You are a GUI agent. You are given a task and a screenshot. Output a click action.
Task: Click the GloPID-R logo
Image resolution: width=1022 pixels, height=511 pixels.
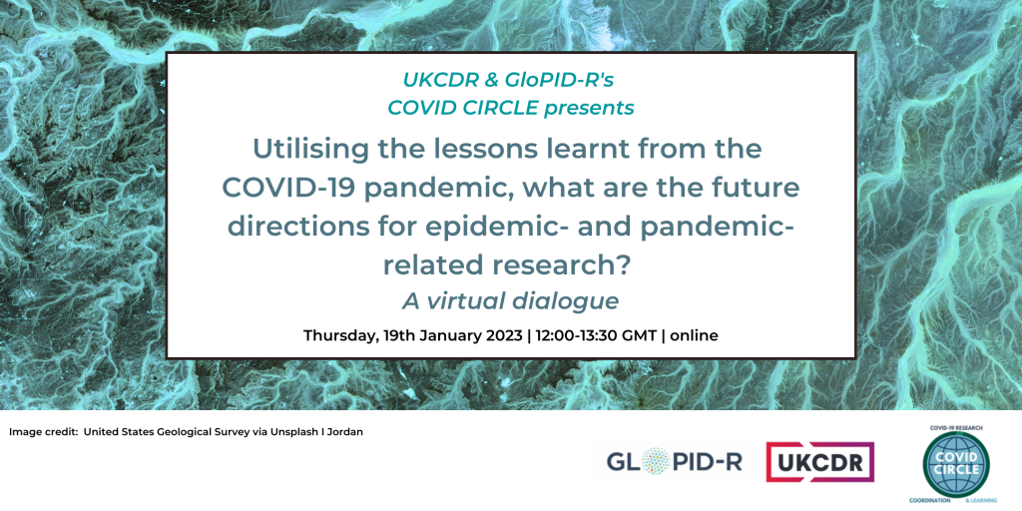tap(674, 461)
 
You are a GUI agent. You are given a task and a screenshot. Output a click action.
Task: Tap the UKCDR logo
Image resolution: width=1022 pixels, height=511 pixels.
tap(819, 461)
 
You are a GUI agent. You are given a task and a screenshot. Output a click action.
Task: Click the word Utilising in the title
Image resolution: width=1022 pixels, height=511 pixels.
tap(303, 150)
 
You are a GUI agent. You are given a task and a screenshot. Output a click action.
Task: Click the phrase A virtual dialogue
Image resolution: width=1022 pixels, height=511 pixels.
tap(511, 300)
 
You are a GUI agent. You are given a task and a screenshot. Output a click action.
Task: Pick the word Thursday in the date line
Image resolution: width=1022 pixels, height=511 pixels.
tap(340, 335)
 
